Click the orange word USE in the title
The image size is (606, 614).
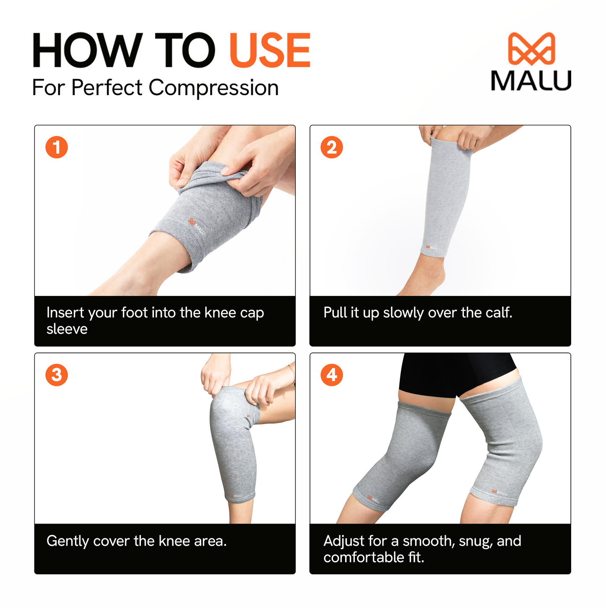coord(270,51)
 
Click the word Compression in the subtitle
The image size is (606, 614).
coord(213,88)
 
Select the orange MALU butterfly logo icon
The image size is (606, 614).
coord(531,49)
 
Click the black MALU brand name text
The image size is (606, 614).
coord(531,80)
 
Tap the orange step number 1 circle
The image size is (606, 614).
coord(57,147)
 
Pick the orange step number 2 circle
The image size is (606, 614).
coord(332,147)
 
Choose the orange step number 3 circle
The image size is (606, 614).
coord(57,375)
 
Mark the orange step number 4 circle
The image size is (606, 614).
coord(332,375)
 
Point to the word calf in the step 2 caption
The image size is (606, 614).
coord(499,313)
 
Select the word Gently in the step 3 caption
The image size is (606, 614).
coord(68,541)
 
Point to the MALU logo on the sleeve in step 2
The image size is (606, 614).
coord(432,247)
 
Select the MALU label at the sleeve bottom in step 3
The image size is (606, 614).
coord(236,496)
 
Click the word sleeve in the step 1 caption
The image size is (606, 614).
coord(67,329)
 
